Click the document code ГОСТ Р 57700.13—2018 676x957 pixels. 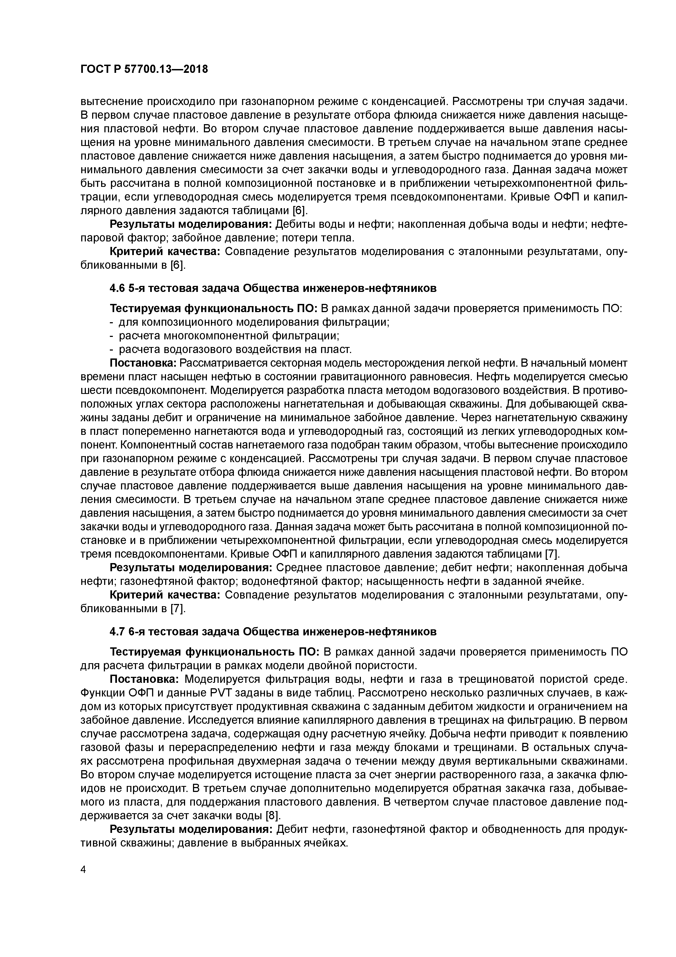144,70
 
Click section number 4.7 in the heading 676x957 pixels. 117,632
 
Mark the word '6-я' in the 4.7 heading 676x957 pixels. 137,632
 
